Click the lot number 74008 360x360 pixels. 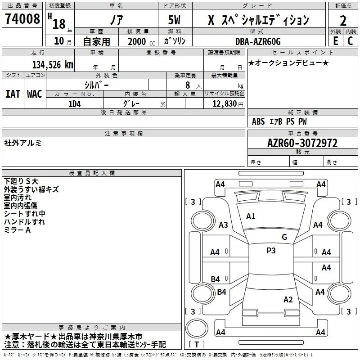coord(22,18)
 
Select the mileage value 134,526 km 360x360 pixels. coord(53,65)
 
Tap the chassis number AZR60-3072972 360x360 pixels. coord(302,143)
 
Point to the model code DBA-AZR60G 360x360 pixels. coord(258,41)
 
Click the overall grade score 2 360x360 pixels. coord(343,21)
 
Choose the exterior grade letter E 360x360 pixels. coord(336,41)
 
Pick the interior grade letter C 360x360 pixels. coord(350,41)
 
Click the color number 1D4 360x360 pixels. coord(75,104)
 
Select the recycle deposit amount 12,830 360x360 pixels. coord(225,104)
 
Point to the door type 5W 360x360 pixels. coord(174,20)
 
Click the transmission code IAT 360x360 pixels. coord(13,94)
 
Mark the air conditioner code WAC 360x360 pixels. coord(35,94)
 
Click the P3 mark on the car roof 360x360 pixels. coord(271,250)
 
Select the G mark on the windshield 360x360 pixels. coord(284,237)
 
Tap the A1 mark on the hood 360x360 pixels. coord(251,216)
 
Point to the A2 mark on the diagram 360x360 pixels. coord(288,300)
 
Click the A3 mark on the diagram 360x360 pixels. coord(223,225)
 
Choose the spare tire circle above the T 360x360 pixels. coord(197,328)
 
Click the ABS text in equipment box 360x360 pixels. coord(258,121)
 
